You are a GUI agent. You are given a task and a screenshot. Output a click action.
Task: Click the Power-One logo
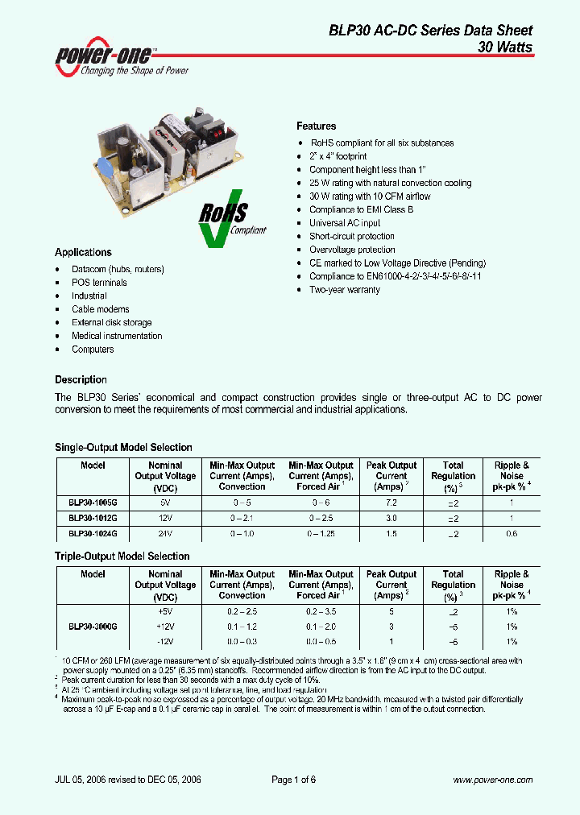coord(122,57)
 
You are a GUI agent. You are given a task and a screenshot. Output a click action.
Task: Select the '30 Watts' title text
coord(505,48)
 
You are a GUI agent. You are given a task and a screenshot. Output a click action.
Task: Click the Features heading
coord(317,126)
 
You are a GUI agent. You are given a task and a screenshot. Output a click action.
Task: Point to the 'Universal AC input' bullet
coord(345,223)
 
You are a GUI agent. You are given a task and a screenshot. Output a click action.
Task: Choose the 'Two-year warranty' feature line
coord(345,290)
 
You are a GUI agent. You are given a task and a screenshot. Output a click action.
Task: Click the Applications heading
coord(83,252)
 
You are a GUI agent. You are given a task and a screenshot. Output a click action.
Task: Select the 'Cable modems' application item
coord(100,309)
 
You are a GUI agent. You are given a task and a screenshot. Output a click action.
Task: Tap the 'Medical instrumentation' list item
coord(117,336)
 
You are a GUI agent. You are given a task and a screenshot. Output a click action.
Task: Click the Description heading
coord(81,379)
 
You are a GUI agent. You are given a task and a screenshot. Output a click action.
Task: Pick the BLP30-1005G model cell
coord(93,502)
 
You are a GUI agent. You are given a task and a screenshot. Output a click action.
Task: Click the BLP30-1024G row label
coord(93,533)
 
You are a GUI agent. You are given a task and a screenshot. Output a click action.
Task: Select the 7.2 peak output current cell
coord(391,502)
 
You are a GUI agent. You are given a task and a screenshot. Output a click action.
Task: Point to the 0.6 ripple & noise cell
coord(511,533)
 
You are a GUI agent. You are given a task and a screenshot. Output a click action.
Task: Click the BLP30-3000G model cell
coord(93,626)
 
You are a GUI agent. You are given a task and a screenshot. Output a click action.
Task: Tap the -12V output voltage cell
coord(165,641)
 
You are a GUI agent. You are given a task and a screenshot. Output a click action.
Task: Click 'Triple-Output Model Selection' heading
coord(122,556)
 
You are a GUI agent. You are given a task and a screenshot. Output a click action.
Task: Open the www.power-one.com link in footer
coord(492,780)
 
